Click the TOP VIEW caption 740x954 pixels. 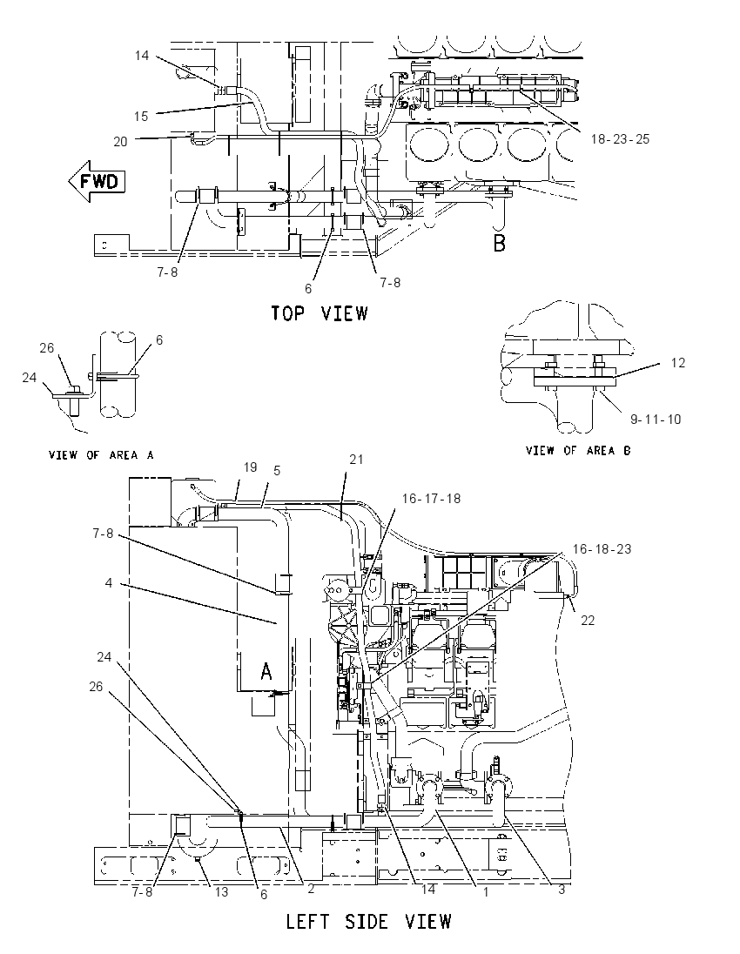click(x=320, y=313)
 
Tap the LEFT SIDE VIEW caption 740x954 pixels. click(x=369, y=921)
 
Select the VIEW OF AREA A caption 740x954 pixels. click(x=101, y=454)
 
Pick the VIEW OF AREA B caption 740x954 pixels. click(x=578, y=450)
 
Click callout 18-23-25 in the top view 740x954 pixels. click(x=620, y=139)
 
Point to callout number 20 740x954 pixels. click(x=120, y=142)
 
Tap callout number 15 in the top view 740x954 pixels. click(x=141, y=117)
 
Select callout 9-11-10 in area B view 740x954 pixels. click(x=656, y=420)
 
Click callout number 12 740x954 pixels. click(x=678, y=363)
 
